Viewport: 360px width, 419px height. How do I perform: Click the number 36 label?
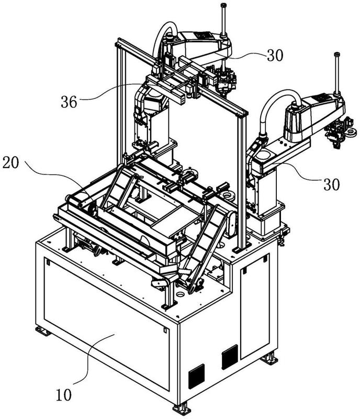69,102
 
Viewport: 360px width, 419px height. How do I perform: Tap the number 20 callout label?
10,162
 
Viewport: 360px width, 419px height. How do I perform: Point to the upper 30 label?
275,56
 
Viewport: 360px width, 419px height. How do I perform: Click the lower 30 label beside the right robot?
331,184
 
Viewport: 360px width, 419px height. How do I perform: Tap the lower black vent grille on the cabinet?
197,376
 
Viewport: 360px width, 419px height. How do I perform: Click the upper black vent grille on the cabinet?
230,357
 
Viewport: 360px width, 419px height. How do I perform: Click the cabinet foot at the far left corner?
43,331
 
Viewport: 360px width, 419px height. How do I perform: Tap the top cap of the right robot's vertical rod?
337,54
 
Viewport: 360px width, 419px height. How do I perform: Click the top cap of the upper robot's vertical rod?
223,5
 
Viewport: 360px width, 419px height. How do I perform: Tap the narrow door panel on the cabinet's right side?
255,306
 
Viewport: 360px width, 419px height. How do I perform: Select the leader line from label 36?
112,91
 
